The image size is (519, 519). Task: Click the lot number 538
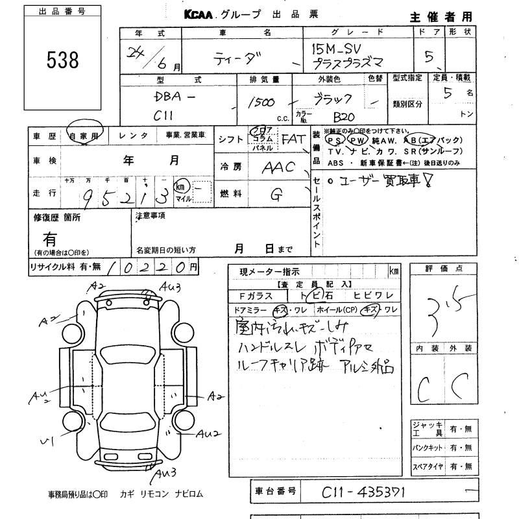pos(63,60)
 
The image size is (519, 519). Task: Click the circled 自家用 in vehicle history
pos(86,135)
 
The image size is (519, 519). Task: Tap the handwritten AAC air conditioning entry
pos(278,167)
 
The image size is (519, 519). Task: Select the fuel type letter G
pos(277,193)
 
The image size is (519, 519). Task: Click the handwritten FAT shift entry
pos(293,139)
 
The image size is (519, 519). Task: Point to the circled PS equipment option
pos(335,140)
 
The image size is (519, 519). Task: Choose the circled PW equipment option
pos(357,140)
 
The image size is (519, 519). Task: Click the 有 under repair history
pos(49,239)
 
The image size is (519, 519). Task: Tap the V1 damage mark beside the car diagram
pos(46,442)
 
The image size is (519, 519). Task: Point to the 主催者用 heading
pos(441,16)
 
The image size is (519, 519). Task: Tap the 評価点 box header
pos(441,269)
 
